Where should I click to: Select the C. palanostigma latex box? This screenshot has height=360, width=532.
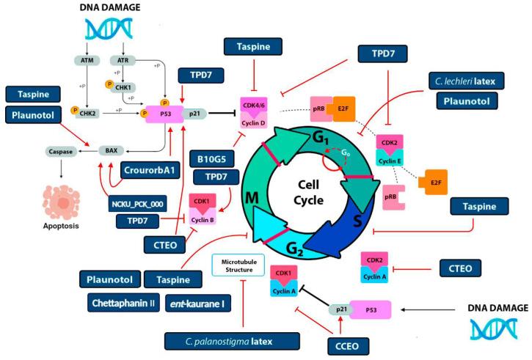click(x=233, y=340)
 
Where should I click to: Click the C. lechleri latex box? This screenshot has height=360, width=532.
click(x=470, y=78)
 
